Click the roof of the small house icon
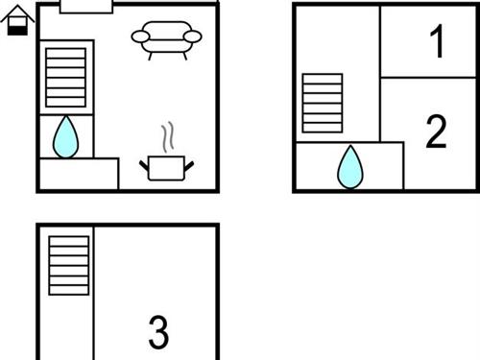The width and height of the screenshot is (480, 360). click(x=17, y=12)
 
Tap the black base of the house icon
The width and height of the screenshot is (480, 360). click(x=17, y=29)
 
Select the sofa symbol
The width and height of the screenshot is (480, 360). click(x=166, y=38)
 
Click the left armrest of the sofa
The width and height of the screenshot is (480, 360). click(x=141, y=37)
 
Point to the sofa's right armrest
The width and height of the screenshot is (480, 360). click(x=192, y=37)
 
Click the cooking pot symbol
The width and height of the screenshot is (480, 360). click(x=167, y=167)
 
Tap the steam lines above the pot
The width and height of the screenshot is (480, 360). click(x=168, y=137)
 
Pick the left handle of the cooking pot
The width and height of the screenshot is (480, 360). click(x=144, y=166)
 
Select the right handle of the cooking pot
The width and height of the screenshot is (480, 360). click(x=189, y=166)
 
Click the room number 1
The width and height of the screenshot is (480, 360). click(x=437, y=42)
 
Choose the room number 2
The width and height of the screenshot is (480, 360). click(x=436, y=132)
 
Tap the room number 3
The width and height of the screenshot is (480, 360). click(x=158, y=332)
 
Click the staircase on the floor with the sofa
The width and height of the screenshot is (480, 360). click(x=66, y=77)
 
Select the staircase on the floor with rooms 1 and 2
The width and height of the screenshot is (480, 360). click(x=323, y=103)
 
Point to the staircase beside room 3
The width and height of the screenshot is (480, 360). click(x=68, y=266)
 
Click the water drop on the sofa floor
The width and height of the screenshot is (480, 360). click(x=65, y=136)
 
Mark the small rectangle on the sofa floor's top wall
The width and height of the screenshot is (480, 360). click(x=86, y=7)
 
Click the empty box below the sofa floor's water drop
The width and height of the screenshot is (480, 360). click(x=79, y=175)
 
